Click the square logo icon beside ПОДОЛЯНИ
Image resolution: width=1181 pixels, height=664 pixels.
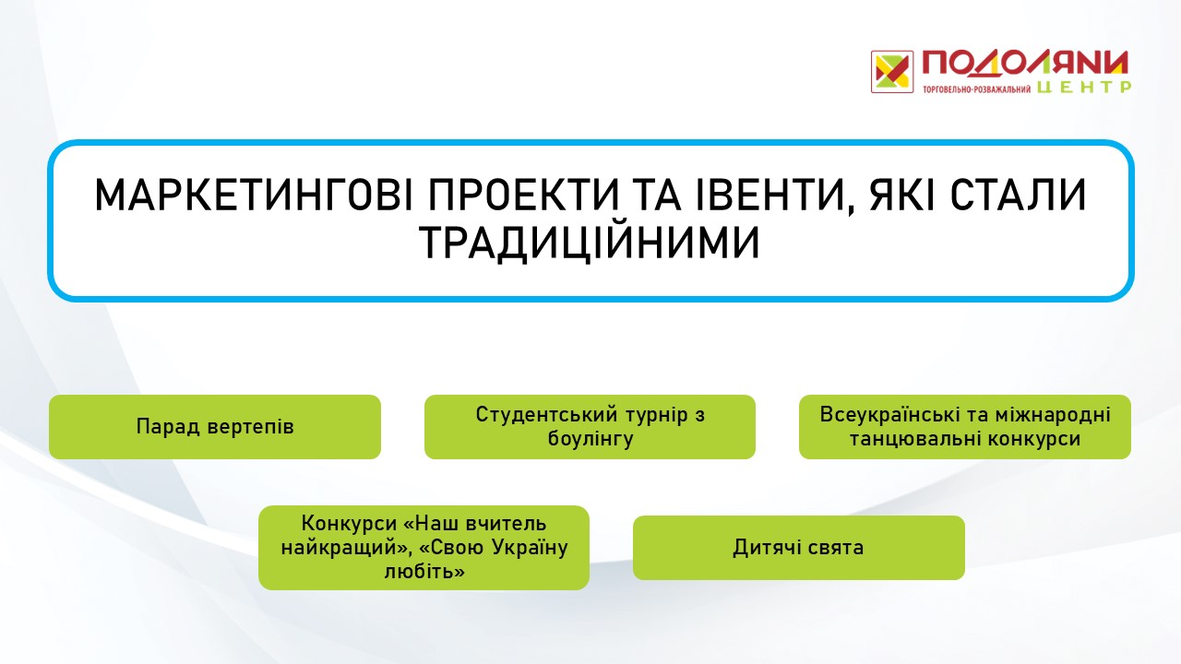click(892, 72)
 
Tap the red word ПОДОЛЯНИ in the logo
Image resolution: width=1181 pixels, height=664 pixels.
click(1025, 64)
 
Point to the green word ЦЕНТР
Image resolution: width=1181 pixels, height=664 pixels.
click(1084, 87)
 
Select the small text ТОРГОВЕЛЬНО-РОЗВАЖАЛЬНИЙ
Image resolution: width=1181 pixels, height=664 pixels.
click(976, 89)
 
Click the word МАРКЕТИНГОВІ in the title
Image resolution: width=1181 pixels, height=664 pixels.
click(254, 196)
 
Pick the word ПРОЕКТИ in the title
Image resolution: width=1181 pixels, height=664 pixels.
click(523, 196)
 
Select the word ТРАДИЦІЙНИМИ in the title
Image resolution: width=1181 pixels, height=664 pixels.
click(590, 243)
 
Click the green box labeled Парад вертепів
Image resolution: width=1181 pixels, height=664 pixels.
click(215, 427)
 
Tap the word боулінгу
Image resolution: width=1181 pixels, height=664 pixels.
click(590, 439)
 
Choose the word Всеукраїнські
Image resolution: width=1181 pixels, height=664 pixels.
click(891, 415)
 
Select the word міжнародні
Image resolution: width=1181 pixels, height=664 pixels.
click(1053, 416)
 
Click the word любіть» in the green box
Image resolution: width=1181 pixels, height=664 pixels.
click(424, 571)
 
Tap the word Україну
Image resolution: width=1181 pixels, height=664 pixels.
click(530, 548)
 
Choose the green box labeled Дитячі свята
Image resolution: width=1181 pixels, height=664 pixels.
click(799, 548)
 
